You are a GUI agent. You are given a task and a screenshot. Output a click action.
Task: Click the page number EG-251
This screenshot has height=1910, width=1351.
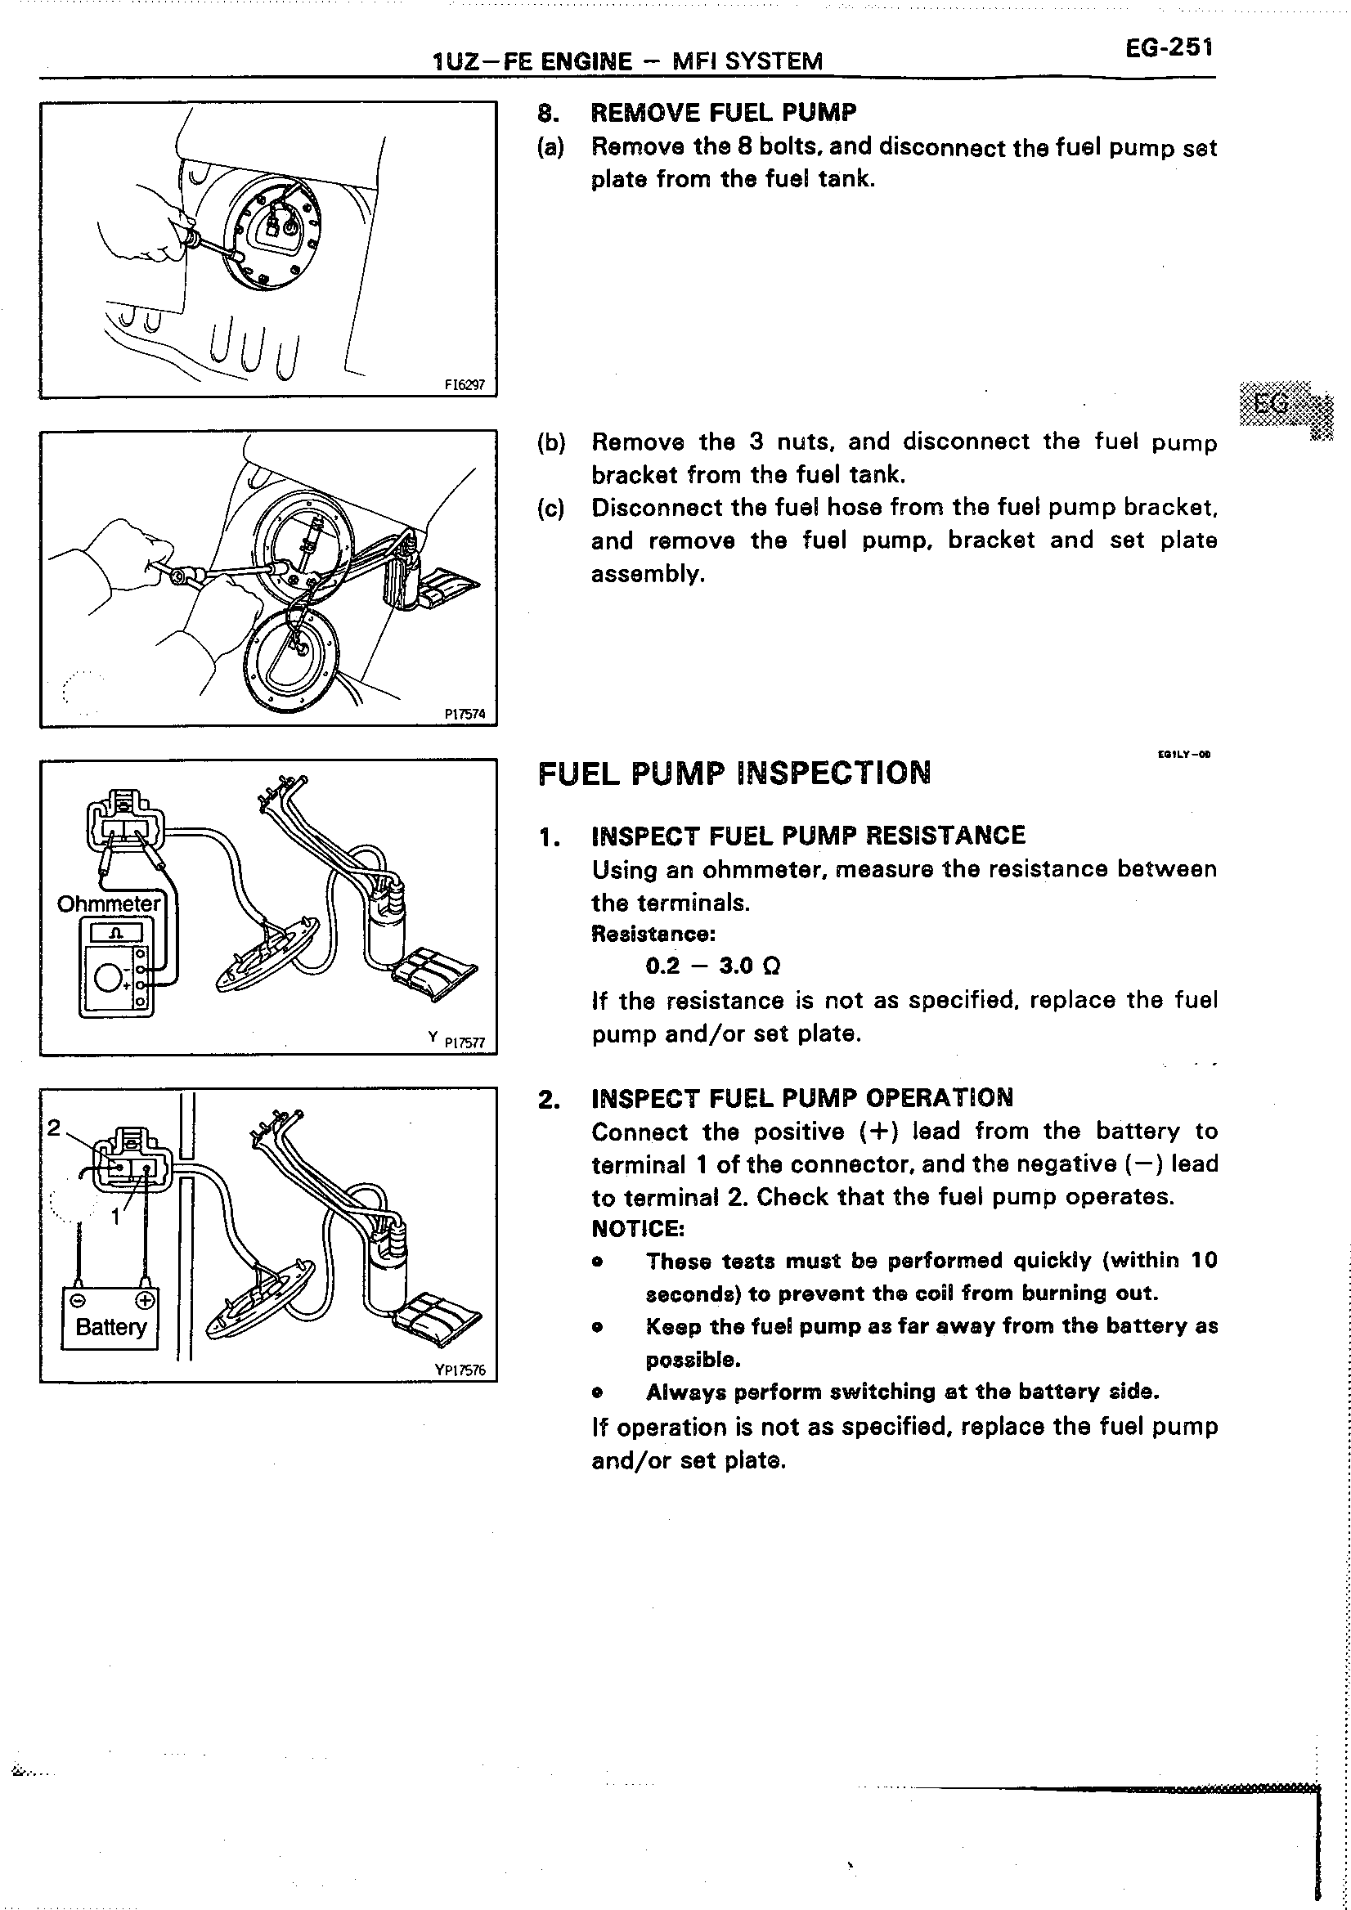[1169, 48]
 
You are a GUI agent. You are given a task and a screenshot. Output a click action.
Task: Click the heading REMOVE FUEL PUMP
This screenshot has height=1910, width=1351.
[723, 112]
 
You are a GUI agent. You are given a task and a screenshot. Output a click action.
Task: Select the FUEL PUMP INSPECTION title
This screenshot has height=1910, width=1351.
[734, 773]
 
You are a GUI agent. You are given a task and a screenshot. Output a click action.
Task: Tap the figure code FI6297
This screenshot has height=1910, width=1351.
[465, 385]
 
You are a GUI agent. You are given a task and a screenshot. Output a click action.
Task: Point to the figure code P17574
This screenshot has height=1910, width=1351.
[465, 714]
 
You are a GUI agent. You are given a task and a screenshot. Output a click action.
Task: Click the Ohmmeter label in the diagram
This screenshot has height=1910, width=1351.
[108, 903]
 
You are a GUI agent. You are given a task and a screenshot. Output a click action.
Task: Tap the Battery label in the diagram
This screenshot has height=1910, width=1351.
[110, 1327]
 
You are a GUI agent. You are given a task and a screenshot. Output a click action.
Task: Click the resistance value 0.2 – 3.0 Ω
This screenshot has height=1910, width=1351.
[713, 966]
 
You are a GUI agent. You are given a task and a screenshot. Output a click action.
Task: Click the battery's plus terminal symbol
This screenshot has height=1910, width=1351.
[146, 1300]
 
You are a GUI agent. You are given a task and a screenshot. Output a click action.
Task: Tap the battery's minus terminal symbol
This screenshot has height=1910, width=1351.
[78, 1300]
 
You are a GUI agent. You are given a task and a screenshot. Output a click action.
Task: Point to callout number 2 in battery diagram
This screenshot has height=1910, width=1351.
[54, 1128]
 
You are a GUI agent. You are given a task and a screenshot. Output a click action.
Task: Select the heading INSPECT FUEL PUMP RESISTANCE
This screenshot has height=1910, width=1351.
[808, 835]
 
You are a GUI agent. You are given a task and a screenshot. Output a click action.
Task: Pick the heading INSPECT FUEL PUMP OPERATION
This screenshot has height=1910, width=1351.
[802, 1098]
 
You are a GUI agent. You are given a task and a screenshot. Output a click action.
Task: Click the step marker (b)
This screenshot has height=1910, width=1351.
[550, 442]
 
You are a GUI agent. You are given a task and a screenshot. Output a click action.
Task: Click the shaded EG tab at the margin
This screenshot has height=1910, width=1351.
[1272, 404]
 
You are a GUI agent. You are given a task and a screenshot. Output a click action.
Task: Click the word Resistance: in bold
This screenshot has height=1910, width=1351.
[653, 934]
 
